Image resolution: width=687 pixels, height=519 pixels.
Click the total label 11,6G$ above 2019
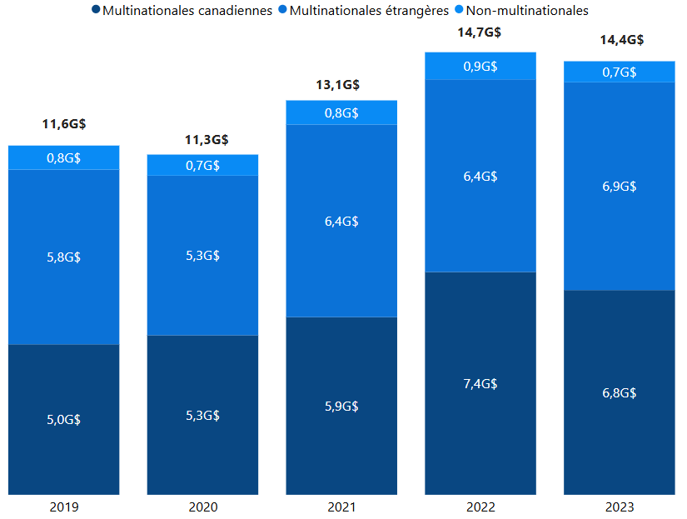coord(64,124)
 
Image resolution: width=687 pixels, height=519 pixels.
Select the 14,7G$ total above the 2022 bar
coord(480,32)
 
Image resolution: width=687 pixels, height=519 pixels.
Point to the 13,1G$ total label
coord(341,84)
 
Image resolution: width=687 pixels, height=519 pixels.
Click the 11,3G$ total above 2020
coord(202,139)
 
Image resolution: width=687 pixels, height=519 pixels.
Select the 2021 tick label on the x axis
coord(341,507)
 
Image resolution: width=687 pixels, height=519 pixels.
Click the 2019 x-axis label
coord(64,507)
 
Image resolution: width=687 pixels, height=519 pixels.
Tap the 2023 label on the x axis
coord(620,507)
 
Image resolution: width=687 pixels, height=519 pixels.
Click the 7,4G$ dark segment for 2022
coord(480,383)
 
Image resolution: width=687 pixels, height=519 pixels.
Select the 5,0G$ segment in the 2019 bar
coord(64,419)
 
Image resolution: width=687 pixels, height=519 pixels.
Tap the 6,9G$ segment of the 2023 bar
coord(620,186)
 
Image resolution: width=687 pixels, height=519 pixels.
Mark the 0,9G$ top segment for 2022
coord(480,66)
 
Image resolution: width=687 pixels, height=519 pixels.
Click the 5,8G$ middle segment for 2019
coord(64,257)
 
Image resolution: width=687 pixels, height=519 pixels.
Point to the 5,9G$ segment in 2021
coord(341,406)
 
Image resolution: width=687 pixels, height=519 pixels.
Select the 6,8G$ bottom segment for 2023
coord(620,392)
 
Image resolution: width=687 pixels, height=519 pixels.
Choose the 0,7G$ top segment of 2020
coord(202,165)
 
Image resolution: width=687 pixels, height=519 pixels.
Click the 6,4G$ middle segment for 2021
coord(341,221)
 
